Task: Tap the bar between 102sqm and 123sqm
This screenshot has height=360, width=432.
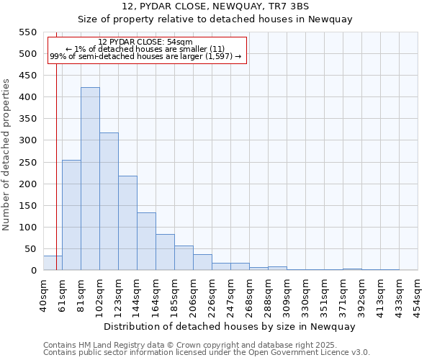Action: coord(109,202)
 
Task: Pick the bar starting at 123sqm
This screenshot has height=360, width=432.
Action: coord(127,223)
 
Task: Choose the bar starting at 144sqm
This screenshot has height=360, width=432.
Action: coord(146,241)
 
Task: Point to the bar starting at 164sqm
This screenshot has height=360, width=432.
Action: coord(165,252)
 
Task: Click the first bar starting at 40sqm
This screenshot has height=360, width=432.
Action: coord(53,263)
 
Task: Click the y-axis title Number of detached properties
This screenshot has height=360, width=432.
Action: coord(7,155)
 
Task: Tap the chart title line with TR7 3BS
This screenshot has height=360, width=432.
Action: coord(216,6)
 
